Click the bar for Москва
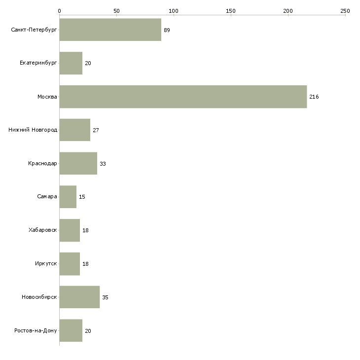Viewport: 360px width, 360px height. tap(183, 97)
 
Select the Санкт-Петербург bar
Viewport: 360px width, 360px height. tap(110, 30)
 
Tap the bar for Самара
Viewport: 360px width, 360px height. tap(68, 197)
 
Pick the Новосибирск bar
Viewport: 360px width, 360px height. tap(79, 297)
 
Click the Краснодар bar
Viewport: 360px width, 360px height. tap(78, 163)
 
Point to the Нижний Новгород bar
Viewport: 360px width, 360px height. tap(75, 130)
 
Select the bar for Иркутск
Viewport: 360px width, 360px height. tap(70, 264)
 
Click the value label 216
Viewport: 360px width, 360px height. tap(314, 97)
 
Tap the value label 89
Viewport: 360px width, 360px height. tap(167, 30)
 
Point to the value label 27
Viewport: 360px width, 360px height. tap(96, 130)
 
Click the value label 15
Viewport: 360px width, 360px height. tap(82, 197)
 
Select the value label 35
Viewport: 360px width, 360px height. tap(105, 297)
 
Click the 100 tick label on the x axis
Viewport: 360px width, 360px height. tap(174, 11)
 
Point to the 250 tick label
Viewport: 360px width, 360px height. tap(345, 11)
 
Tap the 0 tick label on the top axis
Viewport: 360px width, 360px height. tap(60, 11)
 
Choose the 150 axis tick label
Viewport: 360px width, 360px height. tap(231, 11)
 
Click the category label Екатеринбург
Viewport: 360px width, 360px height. tap(38, 63)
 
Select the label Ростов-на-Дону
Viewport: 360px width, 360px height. tap(36, 330)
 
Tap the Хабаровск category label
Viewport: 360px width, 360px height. tap(43, 230)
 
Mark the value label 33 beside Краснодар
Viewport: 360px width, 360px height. tap(103, 164)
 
